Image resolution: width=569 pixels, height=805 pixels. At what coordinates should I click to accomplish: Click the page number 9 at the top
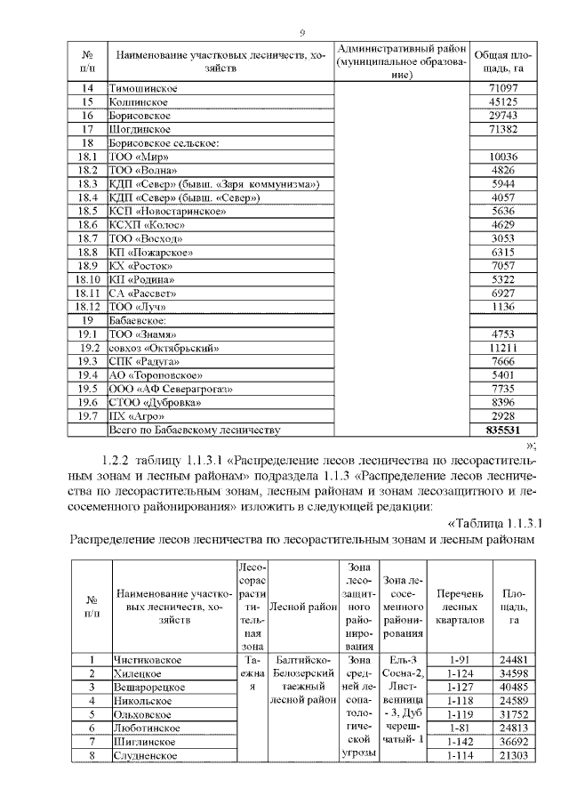[x=302, y=33]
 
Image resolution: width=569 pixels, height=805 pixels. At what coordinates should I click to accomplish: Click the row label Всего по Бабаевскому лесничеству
[x=194, y=430]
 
